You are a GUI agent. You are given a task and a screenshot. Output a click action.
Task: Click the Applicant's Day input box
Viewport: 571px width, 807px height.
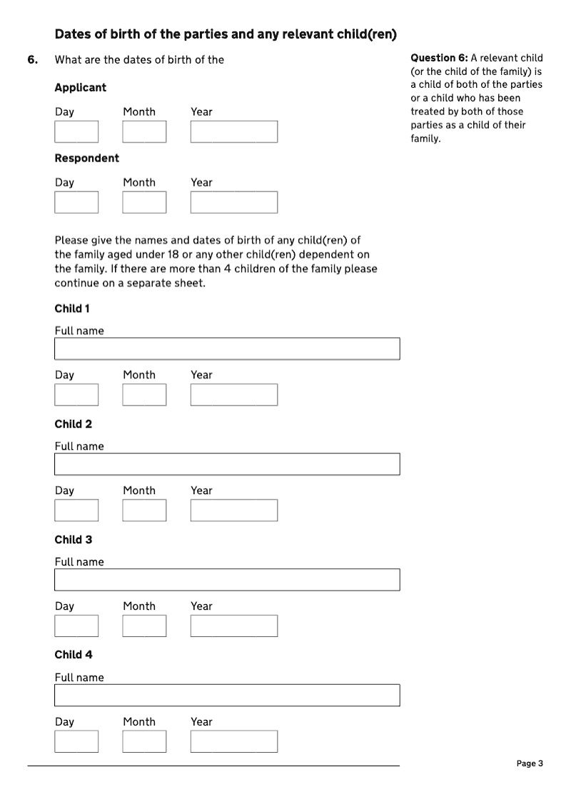[76, 132]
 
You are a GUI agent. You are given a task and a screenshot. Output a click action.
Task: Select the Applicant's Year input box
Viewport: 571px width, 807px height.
[233, 132]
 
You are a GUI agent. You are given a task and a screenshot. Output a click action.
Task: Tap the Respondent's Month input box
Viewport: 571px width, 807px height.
[144, 203]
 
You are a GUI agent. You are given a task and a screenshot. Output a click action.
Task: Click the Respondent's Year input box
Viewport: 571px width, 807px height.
[233, 203]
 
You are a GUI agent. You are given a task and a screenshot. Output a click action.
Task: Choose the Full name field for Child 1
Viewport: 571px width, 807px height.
[227, 349]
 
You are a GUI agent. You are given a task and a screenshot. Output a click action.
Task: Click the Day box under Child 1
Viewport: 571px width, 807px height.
[76, 395]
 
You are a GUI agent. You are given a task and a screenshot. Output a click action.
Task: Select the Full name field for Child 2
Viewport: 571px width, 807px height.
[227, 464]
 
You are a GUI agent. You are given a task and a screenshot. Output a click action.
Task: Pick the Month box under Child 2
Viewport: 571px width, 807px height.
[144, 511]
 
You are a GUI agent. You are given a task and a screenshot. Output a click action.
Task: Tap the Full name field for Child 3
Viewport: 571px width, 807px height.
[227, 580]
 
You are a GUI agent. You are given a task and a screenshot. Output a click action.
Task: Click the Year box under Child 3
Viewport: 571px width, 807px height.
[233, 626]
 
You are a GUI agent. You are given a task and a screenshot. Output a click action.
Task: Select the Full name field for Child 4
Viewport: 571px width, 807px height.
[227, 696]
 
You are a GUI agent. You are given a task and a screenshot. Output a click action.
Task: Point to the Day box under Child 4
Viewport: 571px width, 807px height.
[76, 741]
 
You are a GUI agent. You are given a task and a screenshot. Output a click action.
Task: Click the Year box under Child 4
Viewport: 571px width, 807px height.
[233, 741]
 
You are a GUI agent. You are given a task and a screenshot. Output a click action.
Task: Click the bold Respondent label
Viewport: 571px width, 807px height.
[87, 159]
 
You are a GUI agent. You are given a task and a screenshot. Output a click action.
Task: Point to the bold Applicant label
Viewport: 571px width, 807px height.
[80, 88]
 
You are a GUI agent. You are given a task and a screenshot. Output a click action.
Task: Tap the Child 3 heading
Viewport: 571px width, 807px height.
[74, 540]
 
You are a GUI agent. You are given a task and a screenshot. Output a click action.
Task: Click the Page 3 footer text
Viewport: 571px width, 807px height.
[530, 763]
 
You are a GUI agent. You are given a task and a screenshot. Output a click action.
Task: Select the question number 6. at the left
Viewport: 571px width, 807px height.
[33, 60]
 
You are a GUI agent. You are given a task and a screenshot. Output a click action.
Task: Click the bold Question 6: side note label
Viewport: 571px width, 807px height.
[439, 58]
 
